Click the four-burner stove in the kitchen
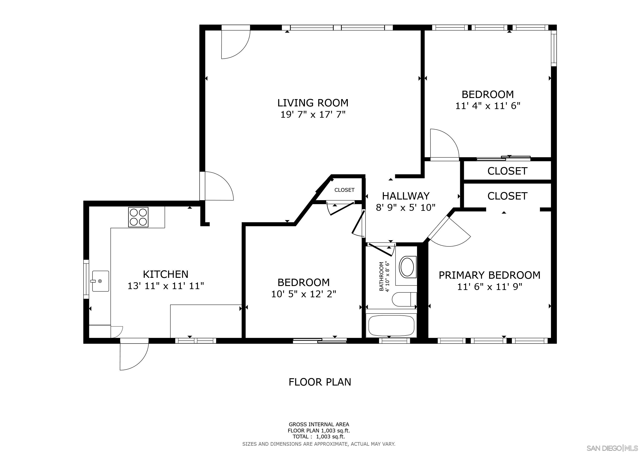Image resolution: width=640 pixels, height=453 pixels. click(138, 217)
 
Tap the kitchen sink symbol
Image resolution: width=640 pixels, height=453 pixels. click(100, 281)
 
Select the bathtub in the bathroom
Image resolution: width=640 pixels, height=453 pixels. click(391, 325)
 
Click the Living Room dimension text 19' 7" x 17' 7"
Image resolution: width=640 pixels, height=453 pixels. click(313, 114)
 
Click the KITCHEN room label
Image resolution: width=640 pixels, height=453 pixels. click(166, 274)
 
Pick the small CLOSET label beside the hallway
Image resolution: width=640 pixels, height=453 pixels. click(344, 190)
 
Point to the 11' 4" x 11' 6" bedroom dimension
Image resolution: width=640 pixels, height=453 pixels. click(488, 106)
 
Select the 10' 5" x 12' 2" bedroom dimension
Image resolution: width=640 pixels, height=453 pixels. click(304, 294)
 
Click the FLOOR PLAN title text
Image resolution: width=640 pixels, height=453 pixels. click(320, 382)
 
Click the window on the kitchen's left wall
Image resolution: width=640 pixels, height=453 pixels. click(86, 279)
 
